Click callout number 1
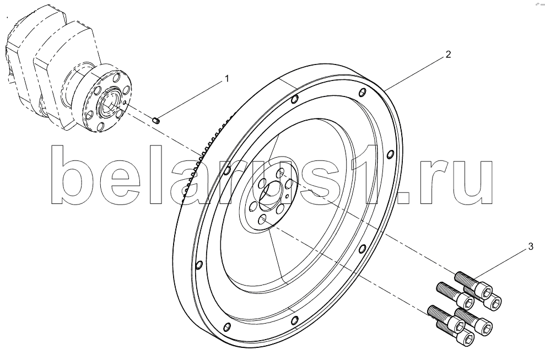(227, 79)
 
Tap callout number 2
(448, 54)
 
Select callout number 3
(531, 247)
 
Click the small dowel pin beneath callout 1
(156, 121)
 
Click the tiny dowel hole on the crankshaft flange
(125, 103)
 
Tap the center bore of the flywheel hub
(271, 196)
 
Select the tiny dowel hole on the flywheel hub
(287, 196)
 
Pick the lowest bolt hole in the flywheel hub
(263, 219)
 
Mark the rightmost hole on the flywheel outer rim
(390, 154)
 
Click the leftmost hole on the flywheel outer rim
(199, 266)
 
